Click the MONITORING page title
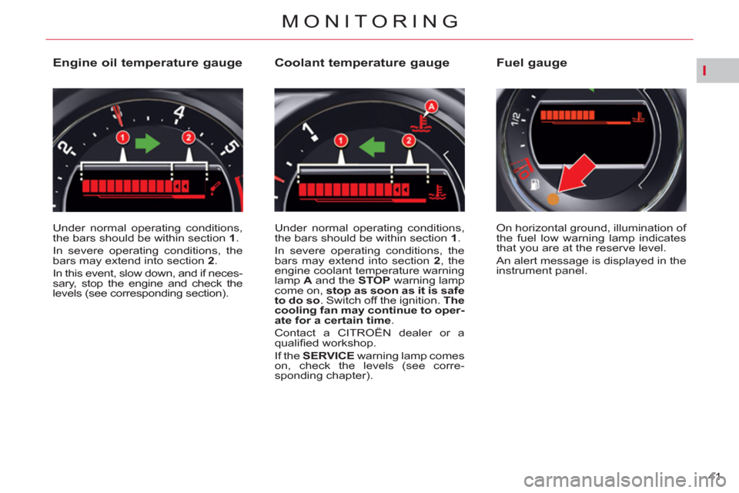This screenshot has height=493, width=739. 370,22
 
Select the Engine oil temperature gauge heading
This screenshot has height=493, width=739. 148,62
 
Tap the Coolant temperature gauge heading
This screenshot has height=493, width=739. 362,62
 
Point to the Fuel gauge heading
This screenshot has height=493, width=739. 532,62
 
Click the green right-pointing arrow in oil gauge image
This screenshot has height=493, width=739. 148,143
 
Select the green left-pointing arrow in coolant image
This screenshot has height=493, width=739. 373,146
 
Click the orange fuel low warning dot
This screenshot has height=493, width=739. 553,199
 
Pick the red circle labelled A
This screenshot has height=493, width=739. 431,106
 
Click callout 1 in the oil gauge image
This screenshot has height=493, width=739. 122,137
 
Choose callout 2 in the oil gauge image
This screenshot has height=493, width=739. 189,137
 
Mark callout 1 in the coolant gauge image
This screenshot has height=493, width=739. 341,141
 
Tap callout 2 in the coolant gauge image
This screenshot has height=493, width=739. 409,141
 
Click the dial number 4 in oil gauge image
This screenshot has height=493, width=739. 179,113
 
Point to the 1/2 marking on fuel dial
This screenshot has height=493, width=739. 516,119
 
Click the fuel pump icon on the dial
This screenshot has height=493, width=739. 535,184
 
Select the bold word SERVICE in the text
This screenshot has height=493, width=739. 329,356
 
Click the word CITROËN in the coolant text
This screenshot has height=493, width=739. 364,333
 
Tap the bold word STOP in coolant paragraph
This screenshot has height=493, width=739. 374,280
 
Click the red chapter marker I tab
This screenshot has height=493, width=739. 704,71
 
